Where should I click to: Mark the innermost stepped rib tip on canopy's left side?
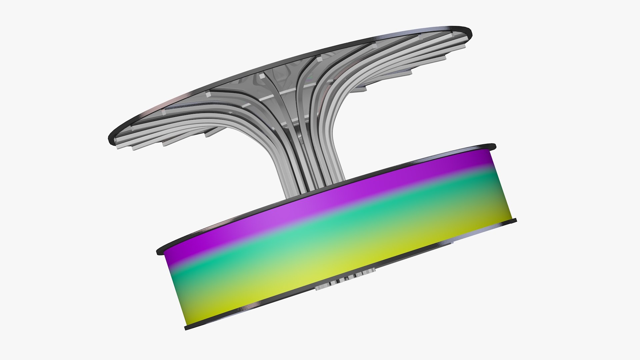pyautogui.click(x=208, y=133)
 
